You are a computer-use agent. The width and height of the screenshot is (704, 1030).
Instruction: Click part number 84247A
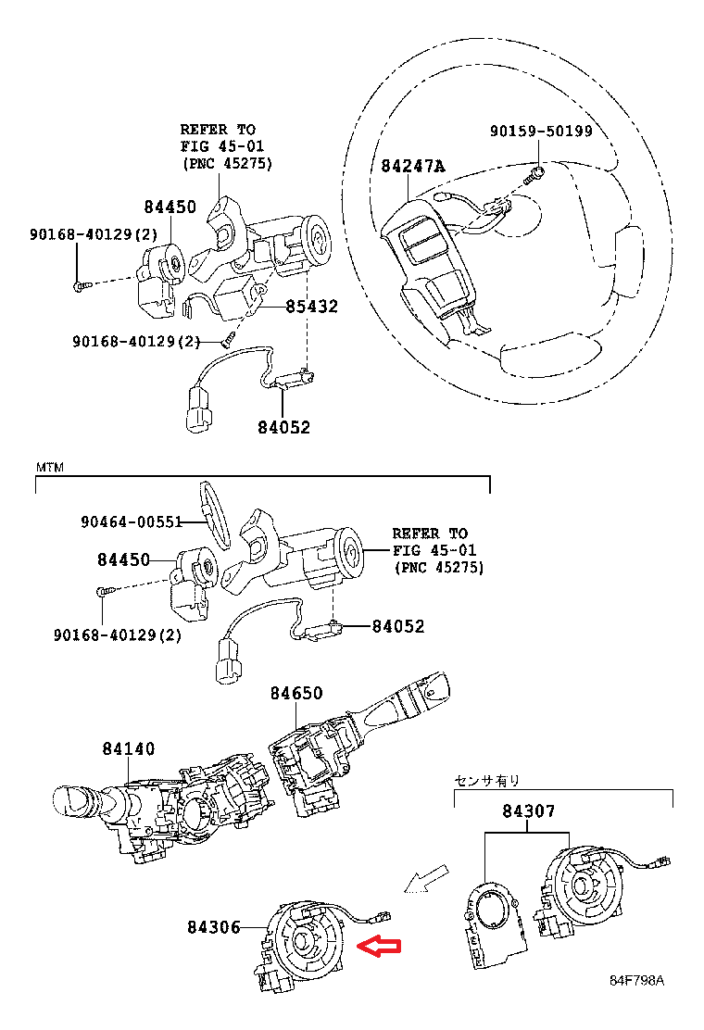pos(413,167)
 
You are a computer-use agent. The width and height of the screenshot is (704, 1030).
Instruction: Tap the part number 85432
pos(311,307)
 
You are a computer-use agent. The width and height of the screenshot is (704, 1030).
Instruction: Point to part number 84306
pos(214,926)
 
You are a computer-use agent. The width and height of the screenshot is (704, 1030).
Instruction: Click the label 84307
pos(529,811)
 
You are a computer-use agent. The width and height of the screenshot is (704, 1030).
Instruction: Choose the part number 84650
pos(296,693)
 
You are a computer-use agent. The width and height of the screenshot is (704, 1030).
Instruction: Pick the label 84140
pos(129,748)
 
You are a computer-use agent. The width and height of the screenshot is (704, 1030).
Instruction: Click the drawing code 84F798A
pos(636,980)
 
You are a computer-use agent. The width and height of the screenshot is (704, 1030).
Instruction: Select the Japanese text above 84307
pos(486,781)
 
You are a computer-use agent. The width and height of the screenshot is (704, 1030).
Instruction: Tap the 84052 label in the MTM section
pos(398,626)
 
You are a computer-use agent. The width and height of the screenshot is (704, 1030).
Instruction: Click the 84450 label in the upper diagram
pos(170,207)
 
